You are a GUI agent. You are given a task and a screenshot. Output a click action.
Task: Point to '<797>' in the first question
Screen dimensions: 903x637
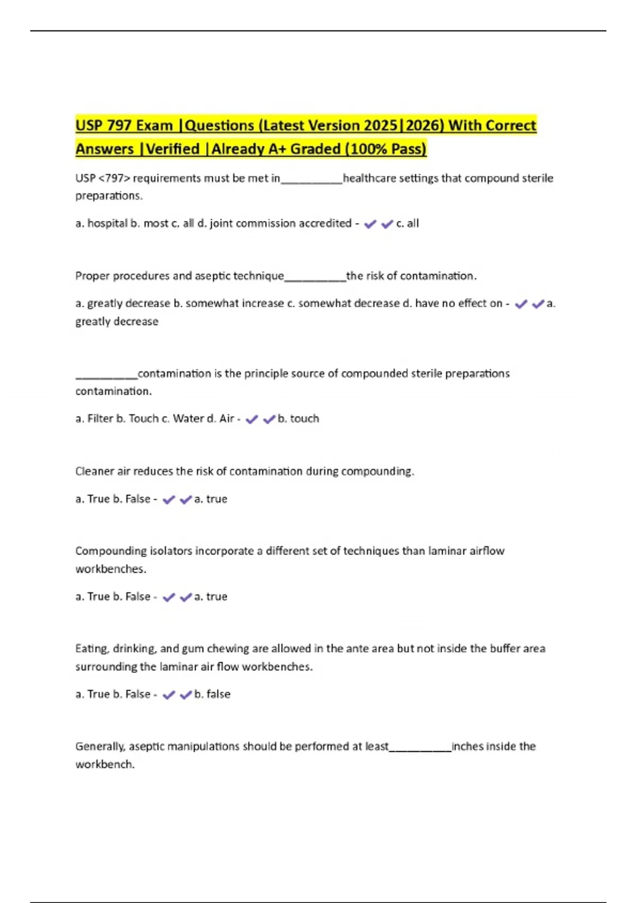point(114,178)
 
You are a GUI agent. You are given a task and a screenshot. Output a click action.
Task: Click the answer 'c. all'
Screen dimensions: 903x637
point(407,224)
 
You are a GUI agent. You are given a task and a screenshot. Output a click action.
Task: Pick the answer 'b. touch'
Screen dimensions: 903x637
point(298,419)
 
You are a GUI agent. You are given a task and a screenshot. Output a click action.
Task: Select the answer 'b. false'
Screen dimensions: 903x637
point(212,695)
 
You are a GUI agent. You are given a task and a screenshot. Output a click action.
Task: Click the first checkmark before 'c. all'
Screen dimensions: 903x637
point(370,224)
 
